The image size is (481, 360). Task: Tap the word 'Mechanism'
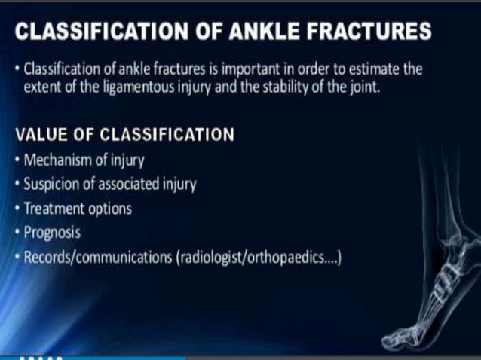[x=59, y=160]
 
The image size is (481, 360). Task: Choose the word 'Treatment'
[x=55, y=208]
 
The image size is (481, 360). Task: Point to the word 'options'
[x=110, y=208]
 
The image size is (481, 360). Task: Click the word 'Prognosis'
[x=53, y=233]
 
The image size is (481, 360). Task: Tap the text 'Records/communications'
[x=97, y=257]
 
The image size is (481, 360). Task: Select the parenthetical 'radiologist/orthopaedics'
[x=256, y=257]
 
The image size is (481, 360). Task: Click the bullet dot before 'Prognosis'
[x=18, y=233]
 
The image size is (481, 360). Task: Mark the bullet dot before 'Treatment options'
[x=18, y=208]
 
